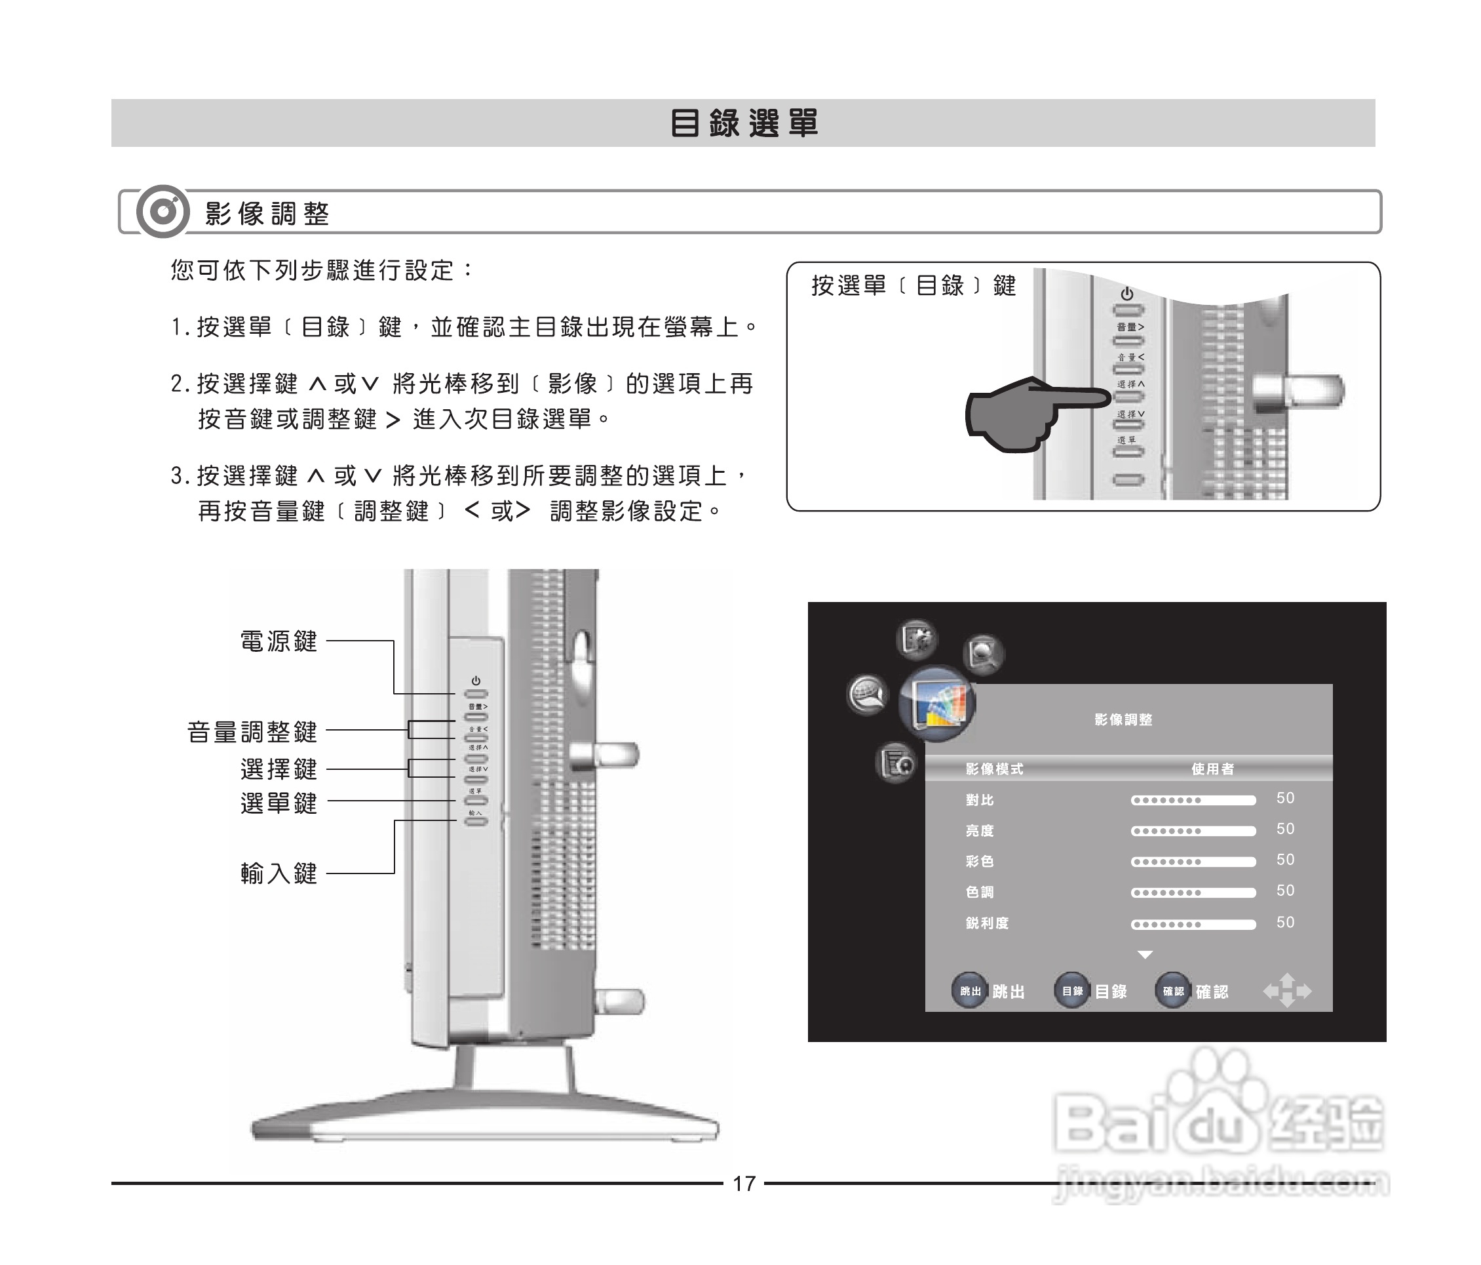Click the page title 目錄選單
point(743,123)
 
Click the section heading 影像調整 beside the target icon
point(267,213)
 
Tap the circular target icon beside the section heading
point(163,212)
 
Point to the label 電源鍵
point(279,641)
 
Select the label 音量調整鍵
point(252,732)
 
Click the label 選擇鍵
point(279,769)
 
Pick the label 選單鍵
point(279,803)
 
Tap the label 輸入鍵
point(279,873)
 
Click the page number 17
point(743,1184)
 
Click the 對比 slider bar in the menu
point(1192,800)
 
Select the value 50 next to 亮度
point(1285,829)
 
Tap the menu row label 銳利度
point(987,923)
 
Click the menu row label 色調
point(980,892)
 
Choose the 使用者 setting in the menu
point(1212,769)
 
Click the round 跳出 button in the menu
point(970,991)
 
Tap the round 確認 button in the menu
point(1173,991)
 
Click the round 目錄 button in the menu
point(1072,991)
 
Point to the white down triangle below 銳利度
point(1145,955)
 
